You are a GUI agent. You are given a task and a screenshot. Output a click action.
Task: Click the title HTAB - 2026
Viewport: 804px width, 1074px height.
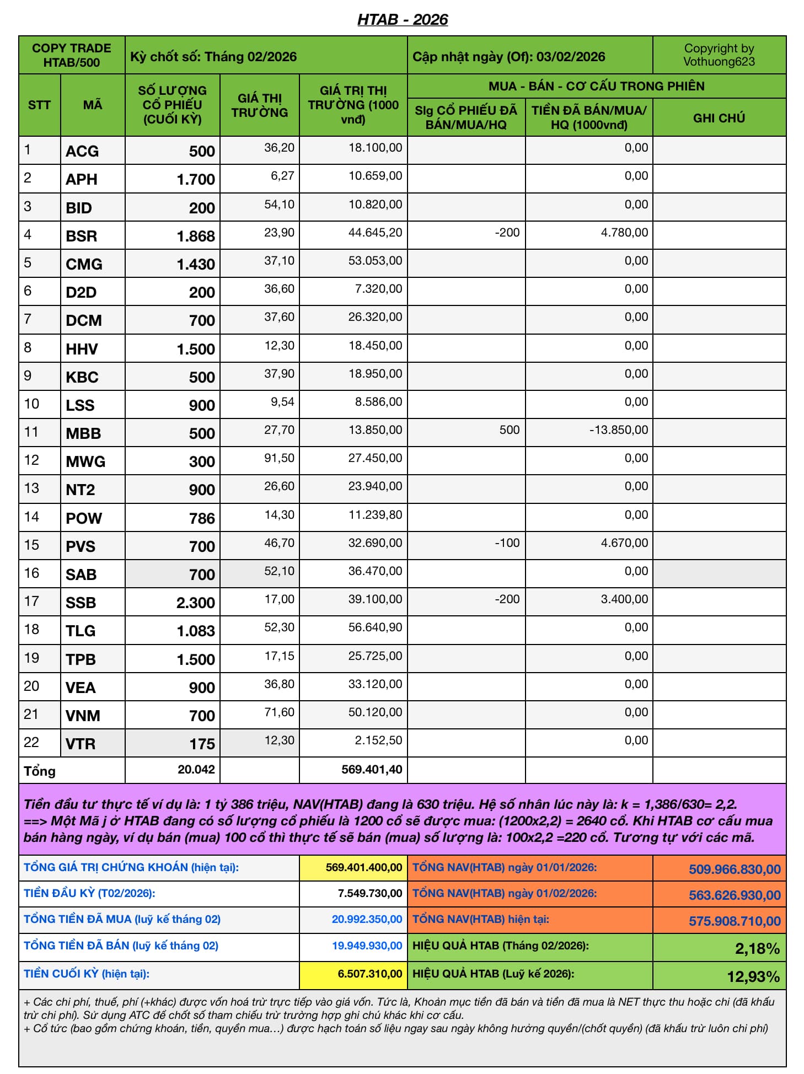403,19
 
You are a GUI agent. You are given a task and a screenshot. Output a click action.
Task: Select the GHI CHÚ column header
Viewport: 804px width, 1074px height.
719,117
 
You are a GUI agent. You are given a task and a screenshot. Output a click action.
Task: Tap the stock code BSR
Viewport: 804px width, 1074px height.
81,236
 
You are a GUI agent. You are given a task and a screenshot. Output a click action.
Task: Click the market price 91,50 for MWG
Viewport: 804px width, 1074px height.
279,458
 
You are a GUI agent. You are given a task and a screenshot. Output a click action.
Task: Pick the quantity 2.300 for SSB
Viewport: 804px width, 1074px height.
195,603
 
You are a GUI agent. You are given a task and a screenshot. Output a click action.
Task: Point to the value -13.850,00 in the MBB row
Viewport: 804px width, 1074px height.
619,430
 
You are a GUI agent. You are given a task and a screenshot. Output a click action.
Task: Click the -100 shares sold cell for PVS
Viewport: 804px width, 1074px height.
507,543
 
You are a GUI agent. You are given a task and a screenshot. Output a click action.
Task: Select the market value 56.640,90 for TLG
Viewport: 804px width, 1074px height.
375,627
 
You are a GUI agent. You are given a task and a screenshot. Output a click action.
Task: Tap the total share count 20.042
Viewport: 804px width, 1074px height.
196,770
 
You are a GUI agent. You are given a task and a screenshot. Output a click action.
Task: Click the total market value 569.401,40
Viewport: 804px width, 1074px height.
371,770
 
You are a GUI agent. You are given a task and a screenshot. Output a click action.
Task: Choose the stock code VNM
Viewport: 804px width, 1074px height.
83,716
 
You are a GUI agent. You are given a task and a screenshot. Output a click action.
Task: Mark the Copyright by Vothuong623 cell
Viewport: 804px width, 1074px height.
719,55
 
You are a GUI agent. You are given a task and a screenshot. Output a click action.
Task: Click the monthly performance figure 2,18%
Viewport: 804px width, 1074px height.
757,949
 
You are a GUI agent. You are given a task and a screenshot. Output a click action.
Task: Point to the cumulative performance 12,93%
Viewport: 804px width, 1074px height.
753,977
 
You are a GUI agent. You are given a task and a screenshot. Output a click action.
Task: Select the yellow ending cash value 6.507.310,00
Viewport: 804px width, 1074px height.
369,974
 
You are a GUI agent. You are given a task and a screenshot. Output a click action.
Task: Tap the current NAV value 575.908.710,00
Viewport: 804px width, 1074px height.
734,921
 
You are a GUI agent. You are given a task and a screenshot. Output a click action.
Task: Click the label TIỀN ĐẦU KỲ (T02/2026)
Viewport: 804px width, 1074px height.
89,893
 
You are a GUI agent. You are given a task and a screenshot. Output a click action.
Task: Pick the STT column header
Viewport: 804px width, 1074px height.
39,105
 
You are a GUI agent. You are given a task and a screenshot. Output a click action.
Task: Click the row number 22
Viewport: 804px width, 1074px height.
31,742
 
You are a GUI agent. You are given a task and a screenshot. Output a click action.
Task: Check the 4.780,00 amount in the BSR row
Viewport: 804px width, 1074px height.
624,233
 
